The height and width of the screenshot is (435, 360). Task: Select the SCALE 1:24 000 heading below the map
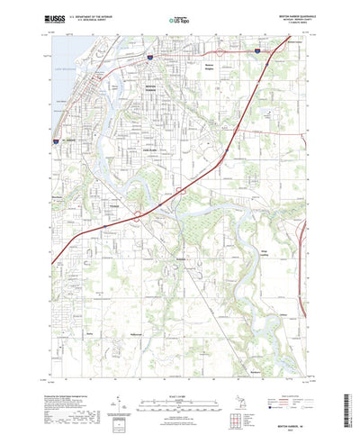tap(179, 385)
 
